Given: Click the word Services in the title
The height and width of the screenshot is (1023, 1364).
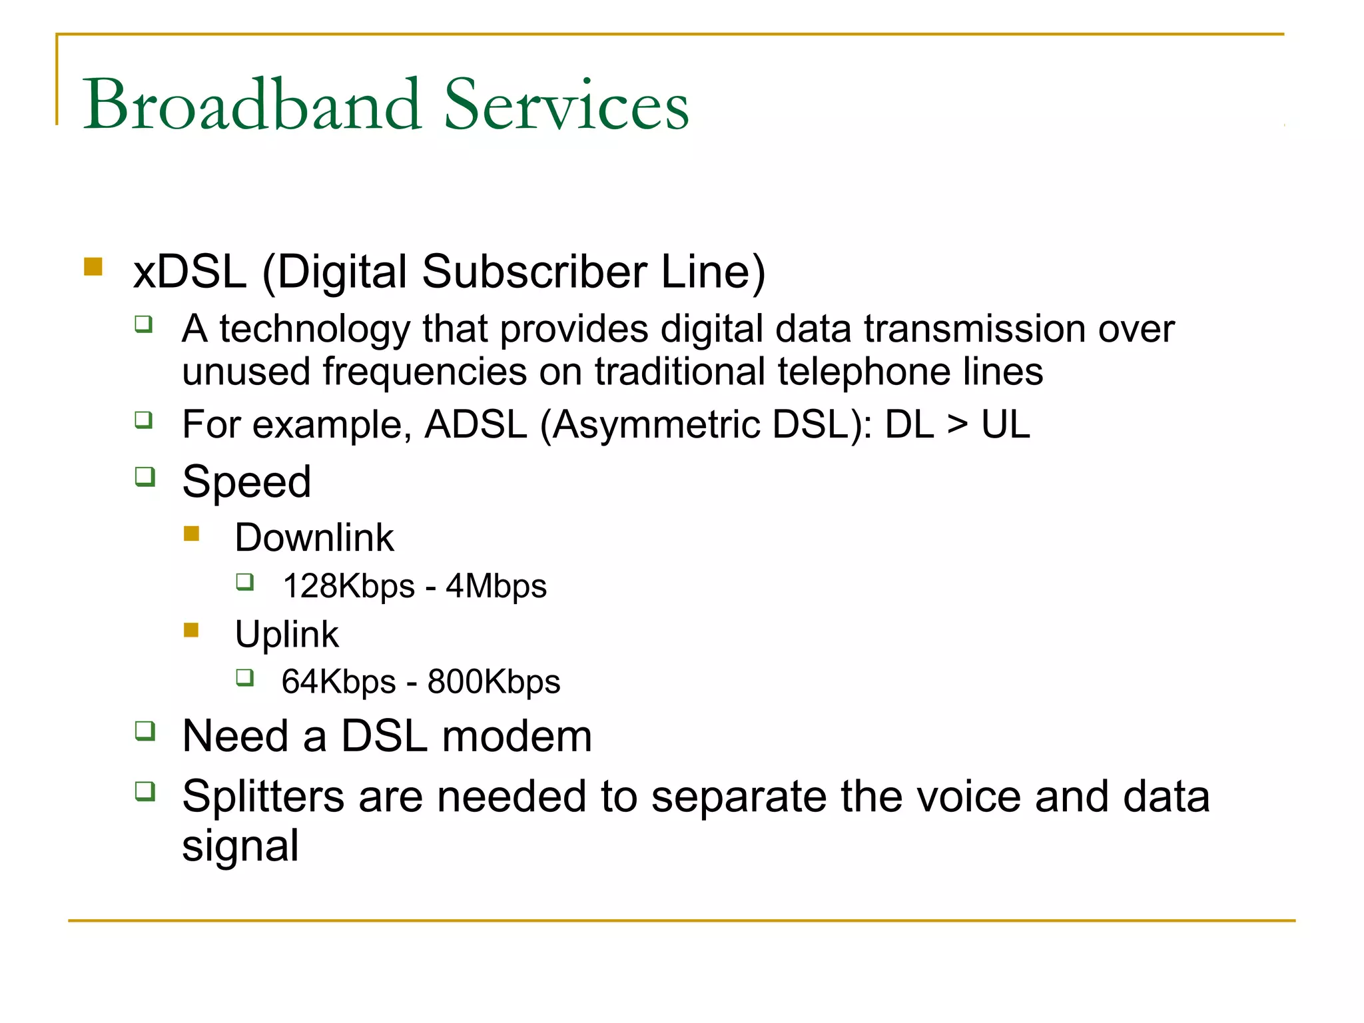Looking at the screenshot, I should click(x=566, y=105).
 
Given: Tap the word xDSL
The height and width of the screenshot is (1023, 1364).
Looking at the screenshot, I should click(x=190, y=272).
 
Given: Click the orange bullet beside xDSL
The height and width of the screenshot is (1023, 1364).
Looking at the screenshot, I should click(x=93, y=267).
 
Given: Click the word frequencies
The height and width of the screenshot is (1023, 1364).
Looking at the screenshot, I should click(x=425, y=372).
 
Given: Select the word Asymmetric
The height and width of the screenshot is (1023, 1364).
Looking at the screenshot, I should click(x=656, y=424).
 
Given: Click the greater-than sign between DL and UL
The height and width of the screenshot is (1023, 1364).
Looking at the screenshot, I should click(x=957, y=425).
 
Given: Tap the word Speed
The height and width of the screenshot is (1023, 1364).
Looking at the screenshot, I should click(x=246, y=482).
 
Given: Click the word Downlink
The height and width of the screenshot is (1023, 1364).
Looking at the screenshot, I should click(x=314, y=537).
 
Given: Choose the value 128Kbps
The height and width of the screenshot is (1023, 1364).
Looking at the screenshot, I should click(x=349, y=587).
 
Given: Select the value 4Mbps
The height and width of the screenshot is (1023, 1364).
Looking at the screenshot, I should click(x=496, y=587).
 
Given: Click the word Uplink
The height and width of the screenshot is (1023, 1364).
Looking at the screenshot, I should click(x=286, y=634).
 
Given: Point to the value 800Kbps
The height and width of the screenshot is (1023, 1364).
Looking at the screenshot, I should click(x=494, y=682).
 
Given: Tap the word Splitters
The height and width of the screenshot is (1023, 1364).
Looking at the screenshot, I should click(x=264, y=797).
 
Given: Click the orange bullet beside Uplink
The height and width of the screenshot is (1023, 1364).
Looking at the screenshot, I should click(x=192, y=630).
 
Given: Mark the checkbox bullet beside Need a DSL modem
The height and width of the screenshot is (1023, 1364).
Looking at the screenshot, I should click(x=145, y=731).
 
